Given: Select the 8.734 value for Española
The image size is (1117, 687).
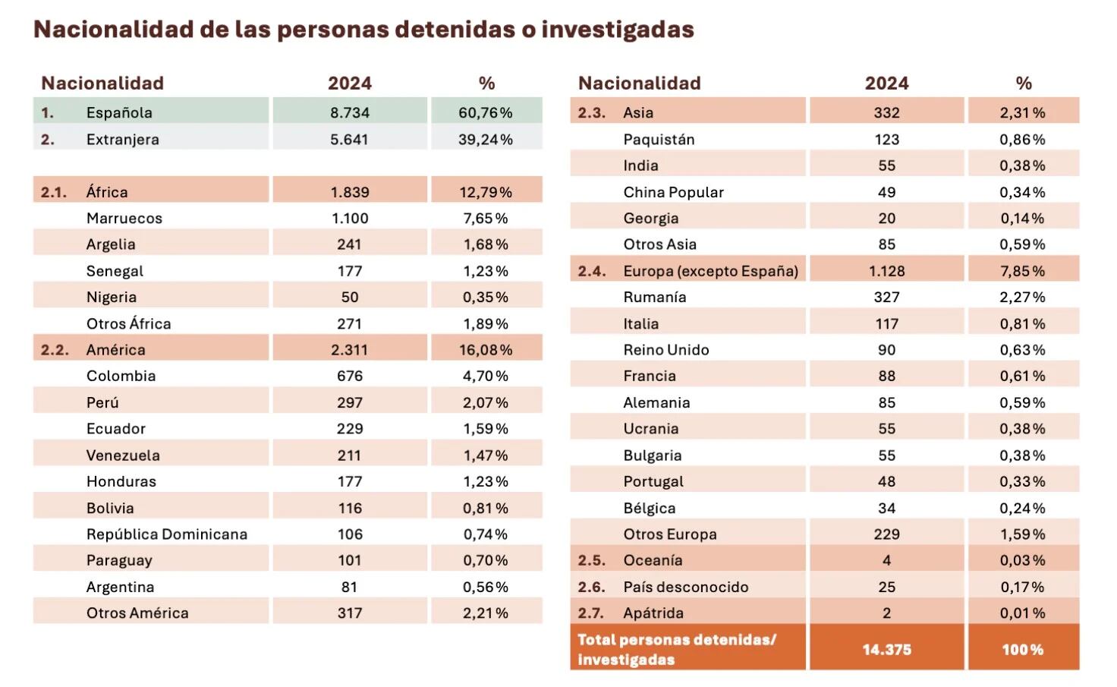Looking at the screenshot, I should [x=349, y=112].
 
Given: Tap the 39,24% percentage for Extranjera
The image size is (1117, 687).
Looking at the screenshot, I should [x=486, y=139].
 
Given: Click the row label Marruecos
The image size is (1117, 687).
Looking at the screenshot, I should [x=124, y=218].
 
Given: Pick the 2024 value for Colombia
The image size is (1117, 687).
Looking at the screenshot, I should [x=349, y=376].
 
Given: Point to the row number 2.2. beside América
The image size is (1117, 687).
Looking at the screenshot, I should [x=55, y=350].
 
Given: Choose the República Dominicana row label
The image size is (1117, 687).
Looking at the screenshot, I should [x=167, y=534].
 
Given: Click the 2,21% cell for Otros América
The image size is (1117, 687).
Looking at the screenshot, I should [x=486, y=613].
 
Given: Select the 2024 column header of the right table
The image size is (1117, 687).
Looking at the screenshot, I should [x=886, y=83].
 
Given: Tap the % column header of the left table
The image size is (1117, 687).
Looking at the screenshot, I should [x=486, y=83].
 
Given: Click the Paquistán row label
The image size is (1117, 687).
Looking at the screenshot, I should [x=659, y=139].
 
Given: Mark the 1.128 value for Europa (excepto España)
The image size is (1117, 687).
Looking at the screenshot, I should [x=886, y=271].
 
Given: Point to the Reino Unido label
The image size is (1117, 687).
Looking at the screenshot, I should [x=666, y=350].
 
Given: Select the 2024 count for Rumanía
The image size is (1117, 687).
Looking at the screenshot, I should [x=886, y=297].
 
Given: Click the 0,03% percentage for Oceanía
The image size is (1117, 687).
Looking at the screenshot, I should [x=1022, y=560].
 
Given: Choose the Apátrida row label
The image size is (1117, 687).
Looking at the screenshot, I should [x=653, y=613].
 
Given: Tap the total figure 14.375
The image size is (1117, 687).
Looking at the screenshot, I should [x=886, y=649].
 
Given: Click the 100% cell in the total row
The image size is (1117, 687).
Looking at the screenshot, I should [x=1022, y=649].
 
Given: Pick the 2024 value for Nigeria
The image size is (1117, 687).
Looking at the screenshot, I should [x=349, y=297].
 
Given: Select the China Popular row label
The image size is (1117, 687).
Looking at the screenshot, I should [x=673, y=192].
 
